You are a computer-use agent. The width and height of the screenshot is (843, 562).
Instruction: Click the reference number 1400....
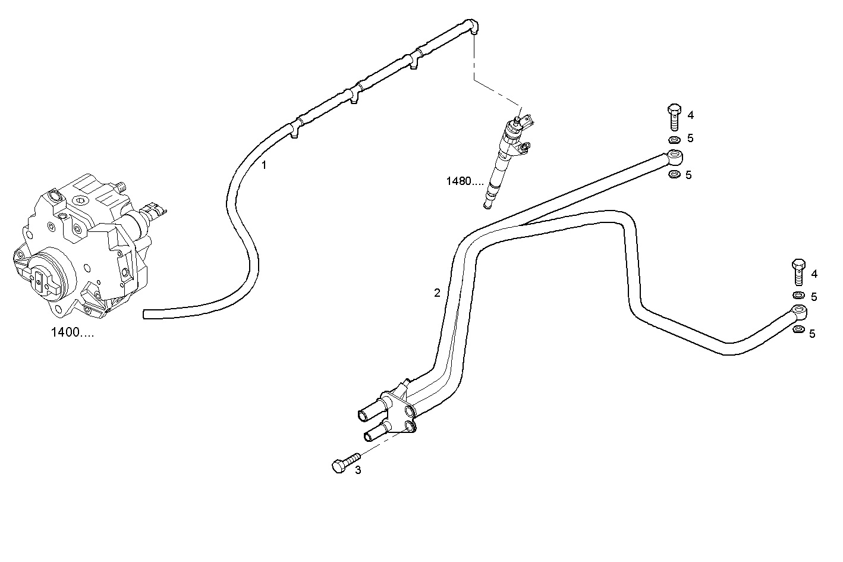pos(72,332)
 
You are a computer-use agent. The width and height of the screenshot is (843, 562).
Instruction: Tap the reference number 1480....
pos(465,181)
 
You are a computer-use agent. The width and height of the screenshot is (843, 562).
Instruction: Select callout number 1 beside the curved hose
pos(264,165)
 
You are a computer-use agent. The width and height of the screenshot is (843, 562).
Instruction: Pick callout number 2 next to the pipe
pos(437,293)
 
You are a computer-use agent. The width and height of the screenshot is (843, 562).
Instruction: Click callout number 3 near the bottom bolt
pos(357,470)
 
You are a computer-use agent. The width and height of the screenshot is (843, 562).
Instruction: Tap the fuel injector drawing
pos(505,158)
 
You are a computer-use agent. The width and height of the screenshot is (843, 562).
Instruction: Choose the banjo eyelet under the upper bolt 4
pos(675,157)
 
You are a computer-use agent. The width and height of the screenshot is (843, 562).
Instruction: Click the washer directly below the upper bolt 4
pos(674,140)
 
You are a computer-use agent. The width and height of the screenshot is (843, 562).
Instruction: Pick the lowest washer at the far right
pos(799,330)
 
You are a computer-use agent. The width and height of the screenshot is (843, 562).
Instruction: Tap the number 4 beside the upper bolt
pos(690,115)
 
